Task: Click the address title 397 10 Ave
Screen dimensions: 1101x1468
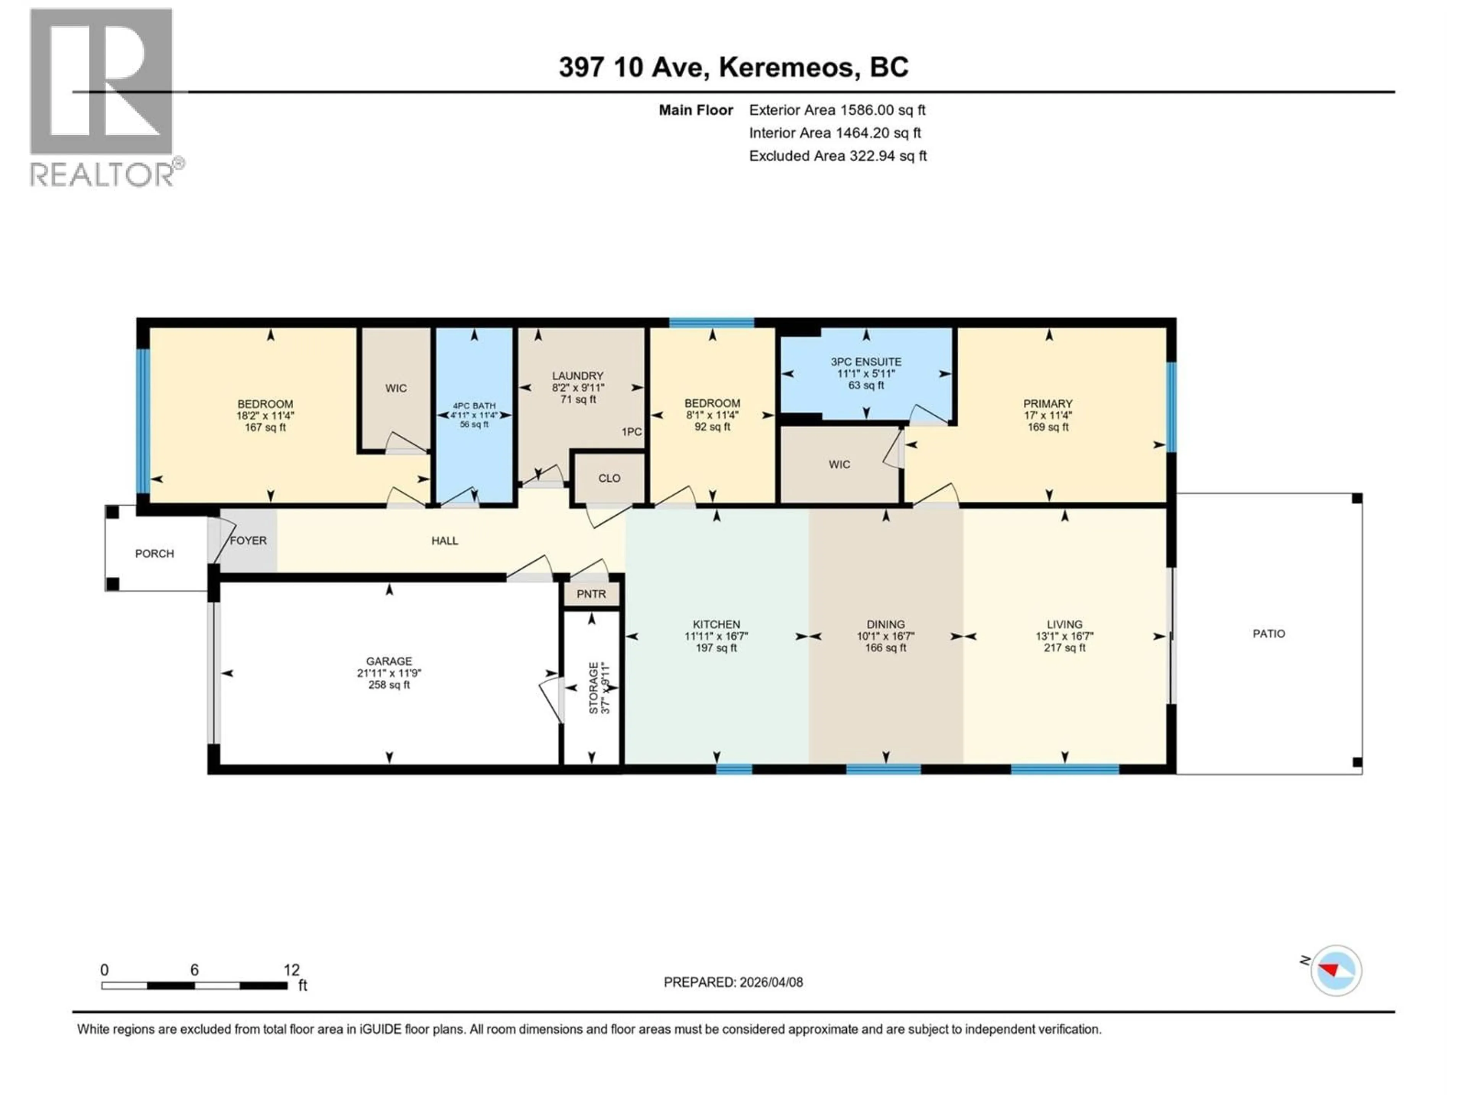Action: (x=733, y=67)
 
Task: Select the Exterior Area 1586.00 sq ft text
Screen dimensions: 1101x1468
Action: (x=837, y=110)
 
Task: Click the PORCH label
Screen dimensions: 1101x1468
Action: (x=154, y=554)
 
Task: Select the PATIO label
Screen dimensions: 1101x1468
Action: (x=1268, y=634)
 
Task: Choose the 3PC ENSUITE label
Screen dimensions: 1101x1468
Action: (x=866, y=362)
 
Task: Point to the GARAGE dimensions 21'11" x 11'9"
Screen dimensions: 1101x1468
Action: (x=389, y=673)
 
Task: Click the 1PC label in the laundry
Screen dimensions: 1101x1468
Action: (x=631, y=432)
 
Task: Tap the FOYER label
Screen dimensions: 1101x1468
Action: (x=248, y=541)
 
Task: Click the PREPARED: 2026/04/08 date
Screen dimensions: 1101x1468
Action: (x=733, y=982)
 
